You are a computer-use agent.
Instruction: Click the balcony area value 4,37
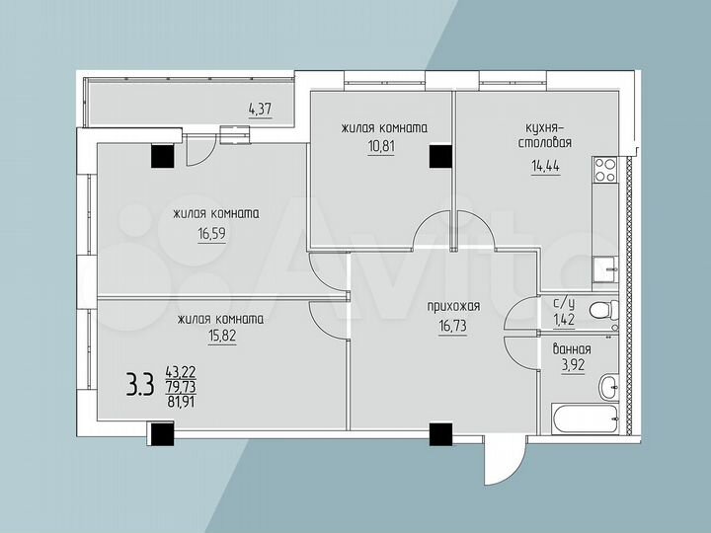tap(259, 110)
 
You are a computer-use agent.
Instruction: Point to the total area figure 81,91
tap(182, 402)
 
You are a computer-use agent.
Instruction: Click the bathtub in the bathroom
tap(589, 419)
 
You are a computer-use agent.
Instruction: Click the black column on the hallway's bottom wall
tap(440, 432)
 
